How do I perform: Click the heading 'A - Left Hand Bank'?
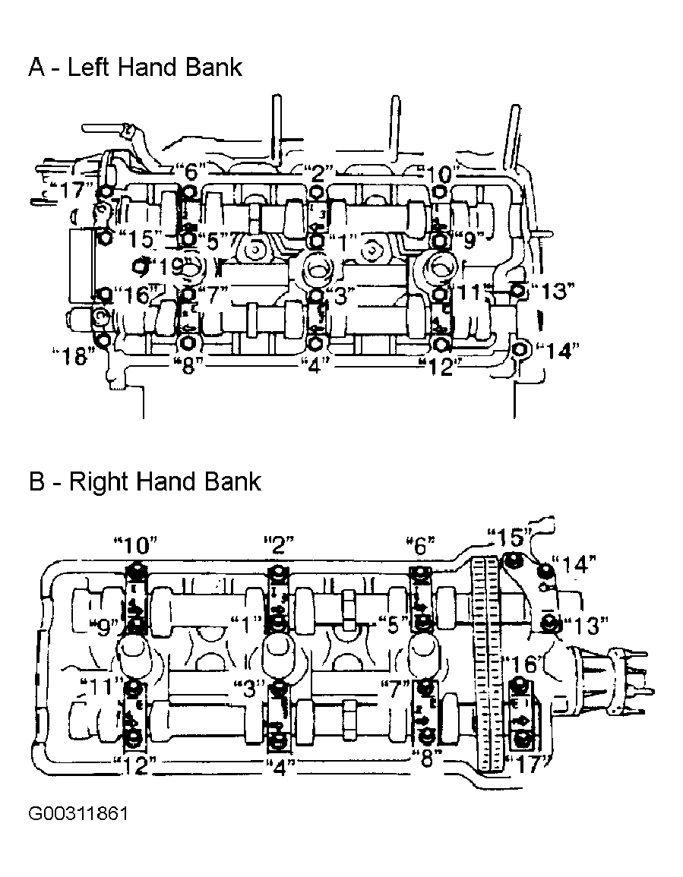135,68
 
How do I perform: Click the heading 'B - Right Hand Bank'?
144,481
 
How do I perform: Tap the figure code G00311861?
77,812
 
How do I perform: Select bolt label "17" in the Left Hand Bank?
71,191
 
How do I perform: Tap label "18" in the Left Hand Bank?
74,355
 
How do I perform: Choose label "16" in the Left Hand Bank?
136,294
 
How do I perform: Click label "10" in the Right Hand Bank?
135,544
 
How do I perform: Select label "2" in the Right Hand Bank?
279,543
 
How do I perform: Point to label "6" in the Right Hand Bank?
420,544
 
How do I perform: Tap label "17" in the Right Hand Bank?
526,764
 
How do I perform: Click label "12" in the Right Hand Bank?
135,765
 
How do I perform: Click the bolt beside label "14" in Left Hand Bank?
520,351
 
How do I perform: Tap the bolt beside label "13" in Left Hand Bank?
518,291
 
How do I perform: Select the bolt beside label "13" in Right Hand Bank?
549,621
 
